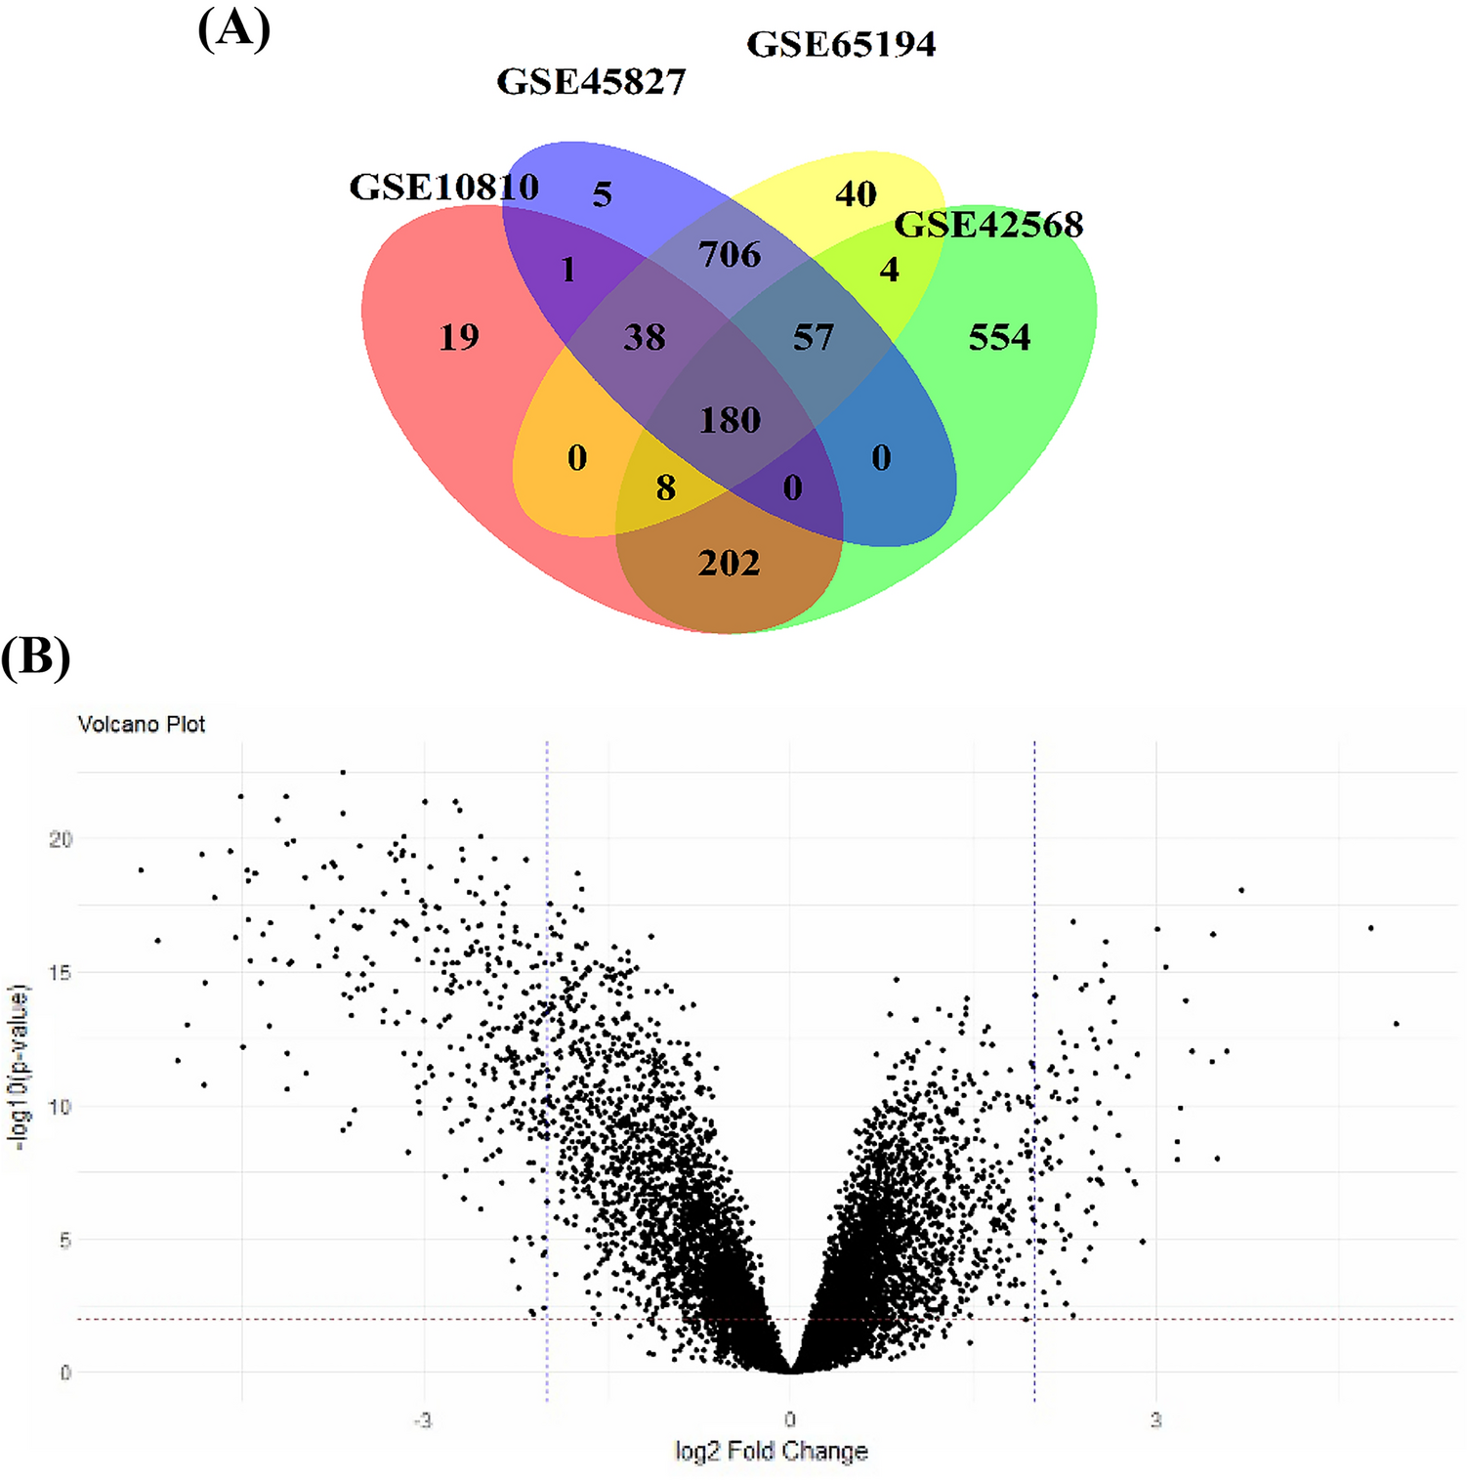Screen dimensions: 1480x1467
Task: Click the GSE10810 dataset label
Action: (443, 187)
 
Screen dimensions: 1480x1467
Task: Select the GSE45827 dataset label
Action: (591, 81)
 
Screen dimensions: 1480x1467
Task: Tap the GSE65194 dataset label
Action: (840, 44)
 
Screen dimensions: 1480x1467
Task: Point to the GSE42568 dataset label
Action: (988, 225)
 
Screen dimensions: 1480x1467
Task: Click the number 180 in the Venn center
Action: (730, 420)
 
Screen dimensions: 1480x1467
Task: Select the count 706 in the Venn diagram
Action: (730, 255)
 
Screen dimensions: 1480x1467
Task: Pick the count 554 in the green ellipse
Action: (999, 338)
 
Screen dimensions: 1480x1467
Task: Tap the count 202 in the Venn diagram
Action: (729, 563)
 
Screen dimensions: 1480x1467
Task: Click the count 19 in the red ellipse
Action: (459, 338)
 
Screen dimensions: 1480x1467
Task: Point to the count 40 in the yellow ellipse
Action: (856, 194)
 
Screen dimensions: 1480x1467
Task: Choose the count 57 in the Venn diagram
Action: (813, 338)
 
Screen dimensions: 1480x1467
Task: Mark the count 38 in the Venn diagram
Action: (645, 338)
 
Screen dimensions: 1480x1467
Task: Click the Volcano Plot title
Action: (142, 724)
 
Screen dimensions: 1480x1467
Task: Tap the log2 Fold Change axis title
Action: (771, 1452)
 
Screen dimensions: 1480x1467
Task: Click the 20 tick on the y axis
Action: (61, 839)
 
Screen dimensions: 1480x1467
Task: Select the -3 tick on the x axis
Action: (422, 1419)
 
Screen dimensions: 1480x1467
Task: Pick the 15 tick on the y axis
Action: (61, 973)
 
